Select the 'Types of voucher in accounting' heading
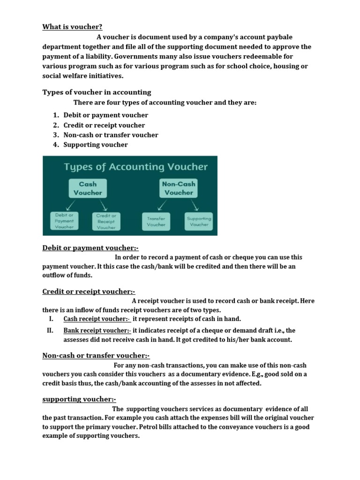[97, 92]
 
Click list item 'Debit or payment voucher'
[105, 115]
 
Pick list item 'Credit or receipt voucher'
[104, 125]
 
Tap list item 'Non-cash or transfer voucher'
[111, 135]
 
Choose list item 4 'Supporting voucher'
[96, 145]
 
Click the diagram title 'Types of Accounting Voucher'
[135, 167]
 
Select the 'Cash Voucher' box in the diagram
[88, 188]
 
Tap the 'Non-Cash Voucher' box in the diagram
[178, 188]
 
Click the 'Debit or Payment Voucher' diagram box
[64, 221]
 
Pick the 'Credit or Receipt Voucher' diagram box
[106, 221]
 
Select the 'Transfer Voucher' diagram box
[156, 221]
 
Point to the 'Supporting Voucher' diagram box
[199, 221]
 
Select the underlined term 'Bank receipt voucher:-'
[97, 330]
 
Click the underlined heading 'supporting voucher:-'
[79, 399]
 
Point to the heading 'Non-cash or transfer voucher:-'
[96, 356]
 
